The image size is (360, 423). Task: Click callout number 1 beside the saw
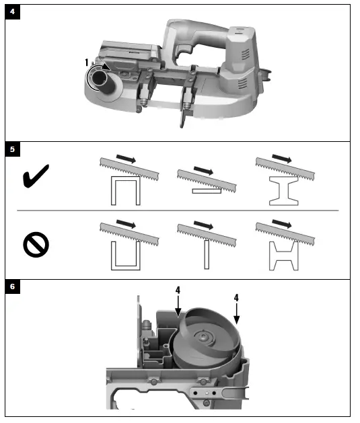[x=86, y=63]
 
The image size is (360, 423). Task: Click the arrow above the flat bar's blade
[x=202, y=169]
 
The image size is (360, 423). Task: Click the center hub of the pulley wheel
[x=203, y=338]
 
